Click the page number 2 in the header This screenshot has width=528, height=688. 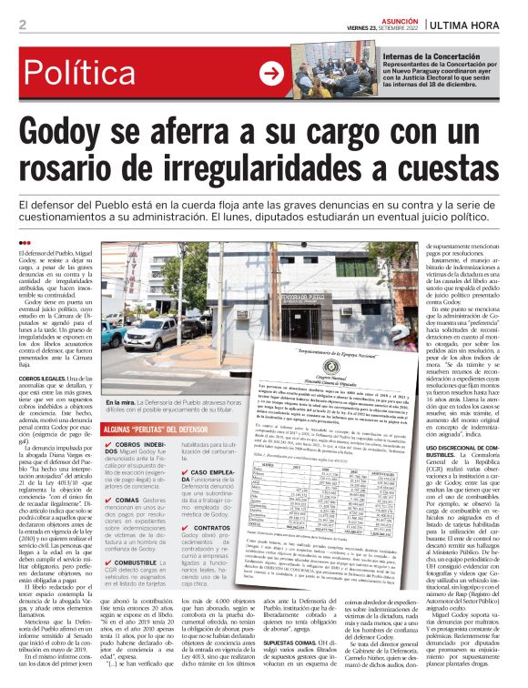pyautogui.click(x=21, y=25)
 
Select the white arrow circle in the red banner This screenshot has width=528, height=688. pyautogui.click(x=271, y=75)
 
